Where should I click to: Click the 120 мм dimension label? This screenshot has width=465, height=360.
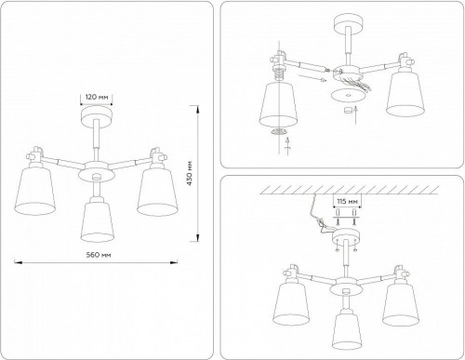pos(96,96)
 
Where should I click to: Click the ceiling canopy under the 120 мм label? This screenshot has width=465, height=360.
pos(96,115)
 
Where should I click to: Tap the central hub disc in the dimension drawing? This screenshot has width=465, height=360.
pos(96,173)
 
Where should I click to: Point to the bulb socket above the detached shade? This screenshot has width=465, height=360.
pos(279,68)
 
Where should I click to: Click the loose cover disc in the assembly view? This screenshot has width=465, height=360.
pos(350,94)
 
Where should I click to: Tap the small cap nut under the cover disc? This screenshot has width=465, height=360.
pos(350,110)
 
